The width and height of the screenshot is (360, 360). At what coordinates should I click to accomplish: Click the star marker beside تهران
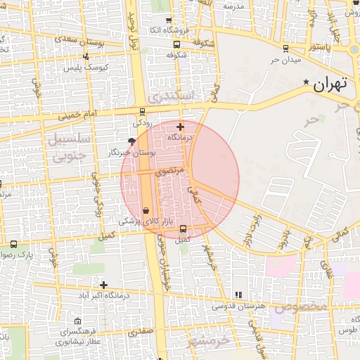point(305,83)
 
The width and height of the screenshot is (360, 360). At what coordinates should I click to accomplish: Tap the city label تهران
point(330,85)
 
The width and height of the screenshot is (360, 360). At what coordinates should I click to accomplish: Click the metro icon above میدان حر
point(285,49)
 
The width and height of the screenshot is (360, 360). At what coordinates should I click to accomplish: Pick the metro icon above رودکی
point(143,111)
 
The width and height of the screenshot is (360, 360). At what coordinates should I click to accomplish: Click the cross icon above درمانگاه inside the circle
point(181,127)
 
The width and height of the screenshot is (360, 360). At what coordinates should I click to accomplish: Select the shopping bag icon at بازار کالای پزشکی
point(146,210)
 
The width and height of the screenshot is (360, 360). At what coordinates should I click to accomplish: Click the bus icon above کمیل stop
point(183,229)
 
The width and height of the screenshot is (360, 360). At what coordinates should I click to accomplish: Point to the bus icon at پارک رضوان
point(14,244)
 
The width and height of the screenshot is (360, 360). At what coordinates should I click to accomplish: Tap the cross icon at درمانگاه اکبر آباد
point(104,285)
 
